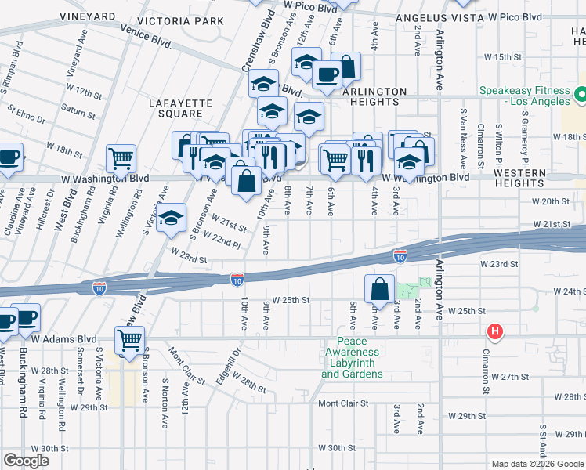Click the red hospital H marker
point(494,332)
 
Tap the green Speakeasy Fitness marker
point(581,96)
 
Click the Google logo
point(26,461)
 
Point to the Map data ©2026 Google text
point(537,464)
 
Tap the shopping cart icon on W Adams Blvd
point(129,341)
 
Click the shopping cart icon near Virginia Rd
point(121,158)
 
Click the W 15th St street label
point(502,57)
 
